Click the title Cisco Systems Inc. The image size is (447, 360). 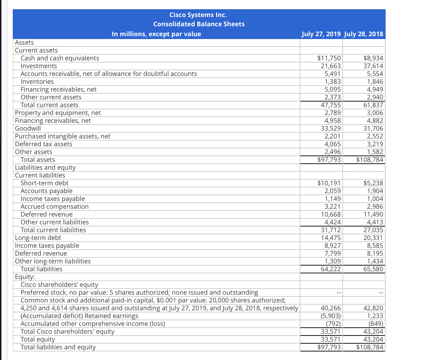[x=198, y=15]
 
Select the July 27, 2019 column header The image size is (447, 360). [x=321, y=34]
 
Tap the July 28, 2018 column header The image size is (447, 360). [x=364, y=34]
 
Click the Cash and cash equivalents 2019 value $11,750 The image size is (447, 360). [x=329, y=58]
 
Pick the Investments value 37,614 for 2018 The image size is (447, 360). [x=373, y=66]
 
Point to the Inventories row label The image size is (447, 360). [x=37, y=82]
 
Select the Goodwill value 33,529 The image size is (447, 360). [x=331, y=129]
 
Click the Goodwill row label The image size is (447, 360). [x=28, y=129]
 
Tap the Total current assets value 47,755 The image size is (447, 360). [x=331, y=105]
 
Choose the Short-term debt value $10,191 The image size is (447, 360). [x=329, y=183]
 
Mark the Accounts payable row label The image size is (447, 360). [x=46, y=191]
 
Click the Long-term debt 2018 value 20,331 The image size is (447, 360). [x=373, y=238]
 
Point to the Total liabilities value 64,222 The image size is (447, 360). [x=331, y=269]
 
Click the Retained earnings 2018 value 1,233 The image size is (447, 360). [x=375, y=316]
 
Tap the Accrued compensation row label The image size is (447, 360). [x=55, y=207]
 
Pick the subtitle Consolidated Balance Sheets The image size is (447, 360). [x=199, y=24]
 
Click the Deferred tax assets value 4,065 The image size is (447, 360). [x=332, y=144]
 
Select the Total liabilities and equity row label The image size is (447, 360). [x=58, y=347]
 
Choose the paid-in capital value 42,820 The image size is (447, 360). [x=373, y=308]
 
